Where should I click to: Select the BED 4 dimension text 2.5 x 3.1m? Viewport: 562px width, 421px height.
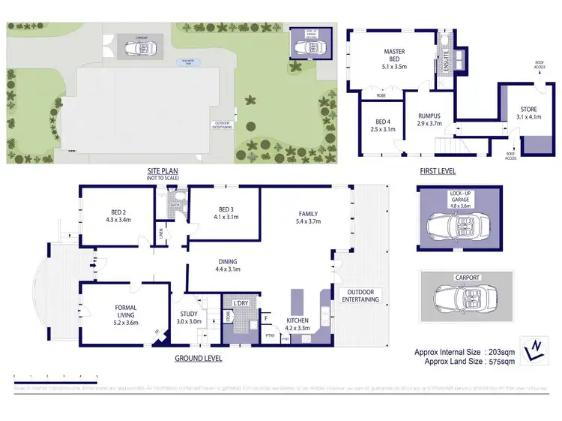(x=383, y=129)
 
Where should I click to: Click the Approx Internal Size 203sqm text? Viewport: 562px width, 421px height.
(x=465, y=351)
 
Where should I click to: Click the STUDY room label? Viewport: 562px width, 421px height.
(x=188, y=314)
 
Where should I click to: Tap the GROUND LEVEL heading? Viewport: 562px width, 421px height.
(x=198, y=358)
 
